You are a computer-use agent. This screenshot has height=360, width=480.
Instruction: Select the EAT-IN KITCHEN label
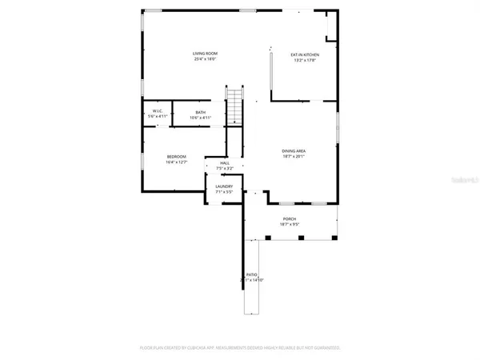(x=304, y=54)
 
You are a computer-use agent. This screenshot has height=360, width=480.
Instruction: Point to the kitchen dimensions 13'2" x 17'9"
(x=304, y=60)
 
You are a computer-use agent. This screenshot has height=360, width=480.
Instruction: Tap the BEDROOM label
(x=176, y=156)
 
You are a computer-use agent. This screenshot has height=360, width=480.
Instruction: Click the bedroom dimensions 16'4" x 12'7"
(x=176, y=162)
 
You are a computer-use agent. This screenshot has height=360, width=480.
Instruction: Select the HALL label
(x=225, y=163)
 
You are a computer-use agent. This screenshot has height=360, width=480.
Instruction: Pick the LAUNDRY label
(x=224, y=186)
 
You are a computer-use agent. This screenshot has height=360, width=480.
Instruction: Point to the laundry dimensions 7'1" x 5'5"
(x=224, y=192)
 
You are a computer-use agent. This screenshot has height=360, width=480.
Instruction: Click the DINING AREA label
(x=294, y=150)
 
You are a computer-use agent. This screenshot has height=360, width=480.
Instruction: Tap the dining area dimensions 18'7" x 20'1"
(x=294, y=156)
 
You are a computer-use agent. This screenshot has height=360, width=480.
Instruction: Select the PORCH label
(x=289, y=218)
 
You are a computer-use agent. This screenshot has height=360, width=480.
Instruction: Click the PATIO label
(x=252, y=274)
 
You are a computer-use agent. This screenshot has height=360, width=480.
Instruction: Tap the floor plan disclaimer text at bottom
(x=240, y=348)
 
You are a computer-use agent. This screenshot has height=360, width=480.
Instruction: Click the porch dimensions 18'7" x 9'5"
(x=289, y=224)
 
